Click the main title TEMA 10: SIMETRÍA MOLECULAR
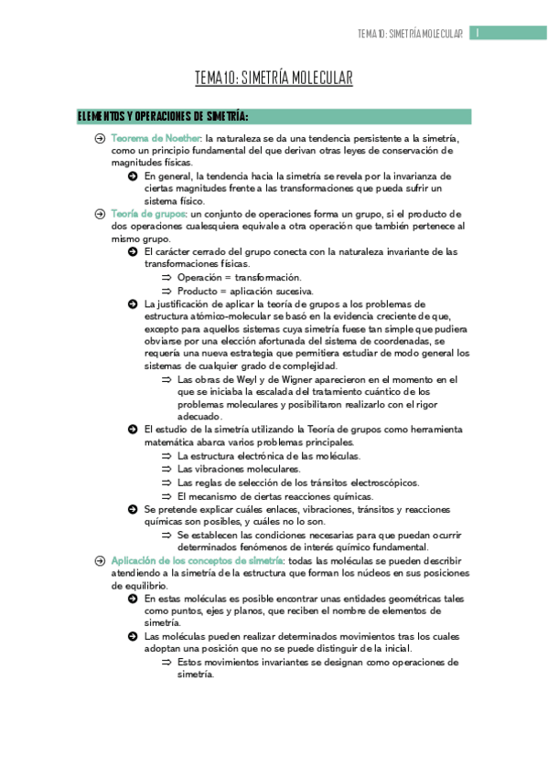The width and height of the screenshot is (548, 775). point(274,80)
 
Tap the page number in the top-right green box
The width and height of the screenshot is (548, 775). point(477,34)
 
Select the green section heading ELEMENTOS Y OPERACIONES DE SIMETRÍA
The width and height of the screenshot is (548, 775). point(163,116)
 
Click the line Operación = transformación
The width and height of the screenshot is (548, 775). point(239,276)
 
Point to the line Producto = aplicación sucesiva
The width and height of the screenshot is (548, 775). point(245,290)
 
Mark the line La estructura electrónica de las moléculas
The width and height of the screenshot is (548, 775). point(269,455)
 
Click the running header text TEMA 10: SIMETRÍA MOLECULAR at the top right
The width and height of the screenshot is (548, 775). point(411,34)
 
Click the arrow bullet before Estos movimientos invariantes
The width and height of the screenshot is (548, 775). point(167,662)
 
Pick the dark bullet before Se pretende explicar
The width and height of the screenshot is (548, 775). point(134,508)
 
